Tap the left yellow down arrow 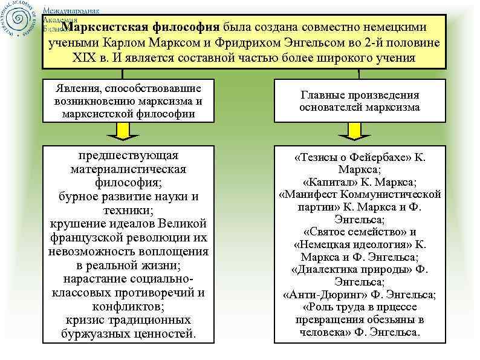click(123, 129)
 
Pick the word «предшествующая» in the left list click(128, 155)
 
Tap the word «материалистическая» click(128, 169)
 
